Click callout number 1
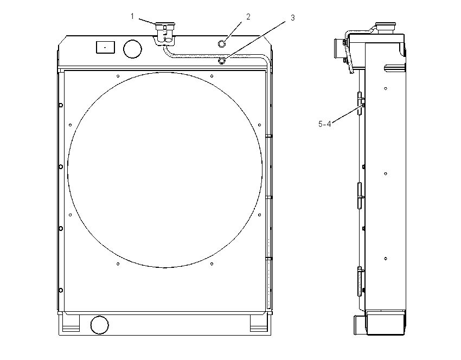click(x=132, y=16)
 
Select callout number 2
click(x=248, y=17)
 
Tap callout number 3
click(x=292, y=18)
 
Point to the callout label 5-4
click(x=324, y=124)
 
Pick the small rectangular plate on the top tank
click(x=106, y=47)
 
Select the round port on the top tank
click(x=132, y=49)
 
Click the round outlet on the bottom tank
click(x=100, y=325)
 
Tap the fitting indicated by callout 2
click(x=222, y=44)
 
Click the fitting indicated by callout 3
click(x=222, y=61)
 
